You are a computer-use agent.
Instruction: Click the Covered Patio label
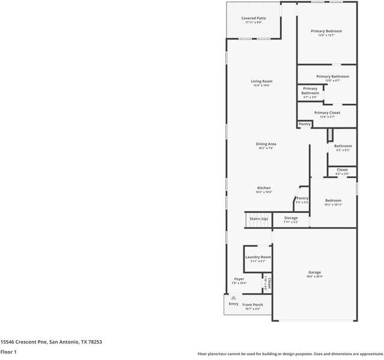click(x=254, y=19)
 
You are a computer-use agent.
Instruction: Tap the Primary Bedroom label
click(x=326, y=31)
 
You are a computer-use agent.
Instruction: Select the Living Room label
click(x=261, y=82)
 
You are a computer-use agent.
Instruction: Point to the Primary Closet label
click(x=327, y=113)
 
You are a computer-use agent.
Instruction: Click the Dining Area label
click(x=266, y=144)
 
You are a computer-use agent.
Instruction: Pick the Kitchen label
click(x=264, y=188)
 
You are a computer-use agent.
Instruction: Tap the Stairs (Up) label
click(x=258, y=219)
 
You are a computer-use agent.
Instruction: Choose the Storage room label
click(x=291, y=218)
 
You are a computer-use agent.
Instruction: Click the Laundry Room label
click(x=258, y=257)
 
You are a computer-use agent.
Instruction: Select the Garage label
click(x=314, y=272)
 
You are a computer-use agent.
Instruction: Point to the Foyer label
click(x=239, y=279)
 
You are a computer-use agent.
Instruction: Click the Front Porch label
click(x=253, y=305)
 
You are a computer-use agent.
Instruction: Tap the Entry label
click(x=233, y=304)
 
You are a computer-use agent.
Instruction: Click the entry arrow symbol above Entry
click(x=233, y=297)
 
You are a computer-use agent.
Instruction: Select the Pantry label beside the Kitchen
click(x=302, y=198)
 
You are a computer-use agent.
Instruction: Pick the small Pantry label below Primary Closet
click(x=305, y=124)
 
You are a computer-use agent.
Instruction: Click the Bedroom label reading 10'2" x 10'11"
click(x=333, y=201)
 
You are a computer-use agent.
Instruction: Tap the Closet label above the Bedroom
click(x=342, y=170)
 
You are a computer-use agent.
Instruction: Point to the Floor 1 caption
click(x=8, y=352)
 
